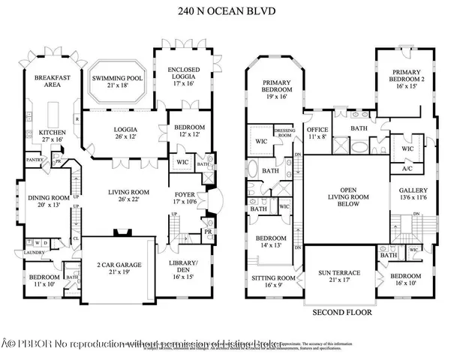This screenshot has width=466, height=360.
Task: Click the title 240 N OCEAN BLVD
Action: pos(233,10)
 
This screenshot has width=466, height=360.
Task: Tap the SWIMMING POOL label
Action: pos(118,79)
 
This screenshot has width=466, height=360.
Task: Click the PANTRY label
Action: pos(34,160)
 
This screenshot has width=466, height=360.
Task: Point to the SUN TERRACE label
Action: pos(340,273)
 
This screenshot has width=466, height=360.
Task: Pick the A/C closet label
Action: pos(408,169)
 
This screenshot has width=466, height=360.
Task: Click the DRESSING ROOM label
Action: pos(286,133)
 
